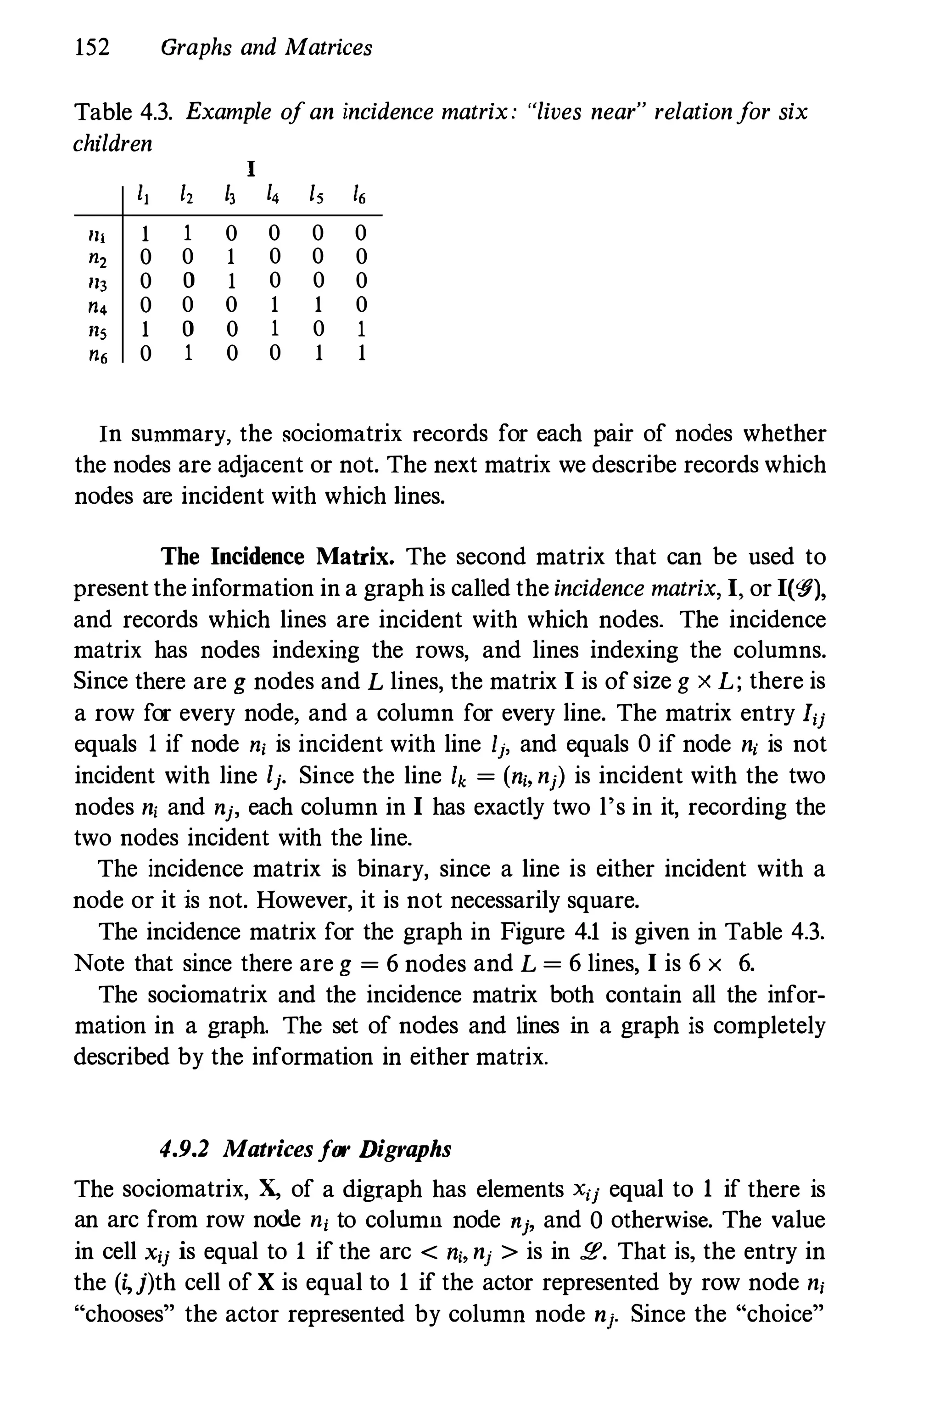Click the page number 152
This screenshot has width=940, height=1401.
93,47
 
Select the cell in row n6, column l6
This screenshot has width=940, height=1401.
361,353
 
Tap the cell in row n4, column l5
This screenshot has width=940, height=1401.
319,305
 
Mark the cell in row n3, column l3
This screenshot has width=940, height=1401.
231,281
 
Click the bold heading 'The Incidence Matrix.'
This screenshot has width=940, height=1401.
278,557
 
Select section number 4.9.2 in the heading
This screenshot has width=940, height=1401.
185,1149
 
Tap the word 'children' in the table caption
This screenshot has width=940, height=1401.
113,144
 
